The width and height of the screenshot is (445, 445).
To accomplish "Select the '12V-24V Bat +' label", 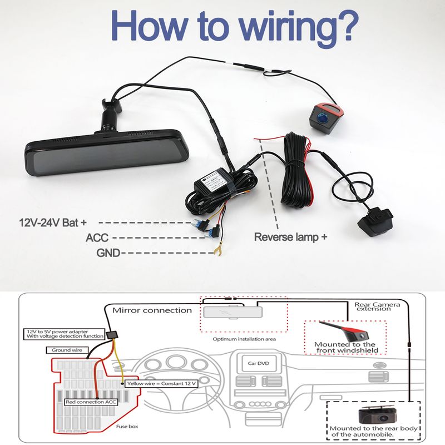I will point(53,222).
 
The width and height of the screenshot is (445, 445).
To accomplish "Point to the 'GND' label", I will point(110,253).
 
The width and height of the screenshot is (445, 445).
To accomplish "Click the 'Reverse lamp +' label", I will point(290,236).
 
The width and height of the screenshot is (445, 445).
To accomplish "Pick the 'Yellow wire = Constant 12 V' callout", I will point(160,383).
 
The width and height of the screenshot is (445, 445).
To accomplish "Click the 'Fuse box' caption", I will point(127,427).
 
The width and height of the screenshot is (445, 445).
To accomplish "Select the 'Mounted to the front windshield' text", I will point(345,348).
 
